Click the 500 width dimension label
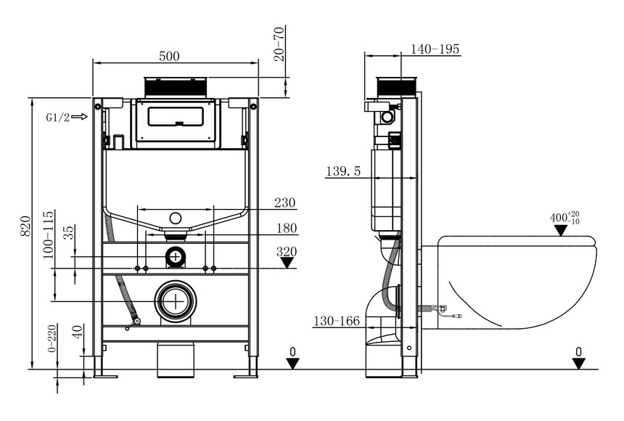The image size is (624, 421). [x=169, y=56]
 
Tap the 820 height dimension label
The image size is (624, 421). [x=25, y=226]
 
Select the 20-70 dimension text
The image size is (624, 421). [x=280, y=44]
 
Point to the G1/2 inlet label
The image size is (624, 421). [x=58, y=118]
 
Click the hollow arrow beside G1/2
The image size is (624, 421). [x=80, y=117]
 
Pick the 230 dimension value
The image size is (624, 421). [x=285, y=203]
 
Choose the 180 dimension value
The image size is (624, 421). [x=287, y=228]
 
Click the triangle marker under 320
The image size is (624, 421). [x=287, y=263]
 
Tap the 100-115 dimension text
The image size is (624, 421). [x=48, y=235]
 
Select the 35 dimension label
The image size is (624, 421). [x=69, y=232]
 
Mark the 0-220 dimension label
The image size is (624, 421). [x=52, y=338]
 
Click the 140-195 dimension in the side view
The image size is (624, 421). [x=435, y=49]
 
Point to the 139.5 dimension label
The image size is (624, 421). [x=343, y=171]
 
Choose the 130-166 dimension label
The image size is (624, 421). [x=337, y=321]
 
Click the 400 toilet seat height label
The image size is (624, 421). [x=565, y=218]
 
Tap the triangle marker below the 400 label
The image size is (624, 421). [x=561, y=230]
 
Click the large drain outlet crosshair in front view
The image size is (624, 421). [x=176, y=301]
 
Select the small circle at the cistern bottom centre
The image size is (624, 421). [x=176, y=218]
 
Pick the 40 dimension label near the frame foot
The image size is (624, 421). [x=78, y=332]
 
